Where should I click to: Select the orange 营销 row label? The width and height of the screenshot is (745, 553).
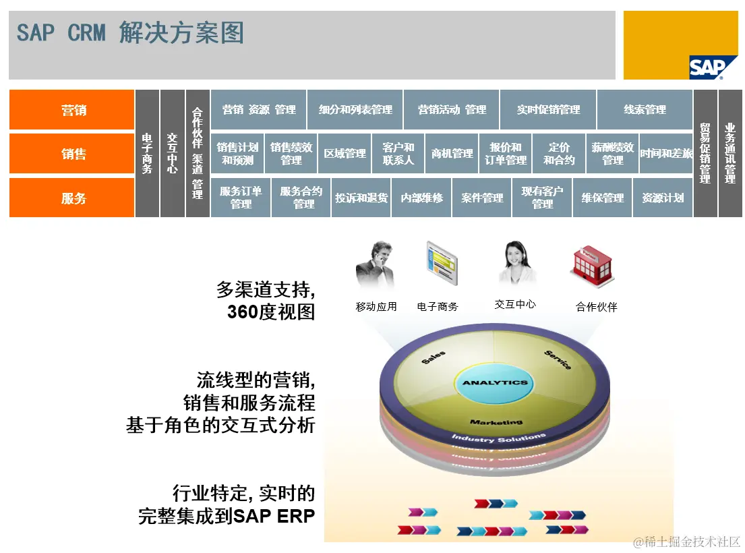(x=72, y=110)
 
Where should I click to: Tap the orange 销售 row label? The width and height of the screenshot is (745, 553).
(x=72, y=154)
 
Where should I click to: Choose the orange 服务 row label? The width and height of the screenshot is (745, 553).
(x=72, y=198)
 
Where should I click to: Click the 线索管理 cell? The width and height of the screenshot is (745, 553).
(x=645, y=110)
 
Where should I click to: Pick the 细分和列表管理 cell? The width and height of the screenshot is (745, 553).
(x=355, y=110)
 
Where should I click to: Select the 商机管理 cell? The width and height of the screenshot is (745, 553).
(x=452, y=154)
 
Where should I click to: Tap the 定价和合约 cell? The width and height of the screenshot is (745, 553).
(x=559, y=154)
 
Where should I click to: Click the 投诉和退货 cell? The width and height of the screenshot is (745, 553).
(x=361, y=198)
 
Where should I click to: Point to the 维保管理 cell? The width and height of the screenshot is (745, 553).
(x=602, y=198)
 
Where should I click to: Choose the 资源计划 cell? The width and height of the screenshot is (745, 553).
(x=662, y=198)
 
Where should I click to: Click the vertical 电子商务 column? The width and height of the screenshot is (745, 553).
(x=147, y=154)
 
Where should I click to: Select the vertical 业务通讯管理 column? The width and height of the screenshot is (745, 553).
(x=729, y=154)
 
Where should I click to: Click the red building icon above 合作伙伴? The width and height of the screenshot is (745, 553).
(x=593, y=265)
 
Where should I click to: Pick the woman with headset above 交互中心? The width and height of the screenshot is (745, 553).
(x=516, y=263)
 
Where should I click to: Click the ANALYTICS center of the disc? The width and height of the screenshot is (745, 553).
(x=495, y=382)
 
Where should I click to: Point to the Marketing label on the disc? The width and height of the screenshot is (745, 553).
(x=496, y=422)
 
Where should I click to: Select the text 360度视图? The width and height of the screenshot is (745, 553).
(x=271, y=312)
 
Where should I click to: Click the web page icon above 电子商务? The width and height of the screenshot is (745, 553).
(x=441, y=266)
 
